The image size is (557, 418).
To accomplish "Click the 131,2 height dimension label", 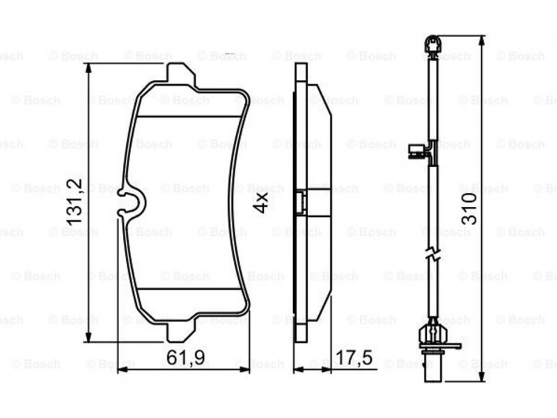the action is [74, 202].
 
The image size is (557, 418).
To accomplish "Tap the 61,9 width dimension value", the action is [185, 357].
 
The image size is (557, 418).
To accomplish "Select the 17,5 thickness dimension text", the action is [354, 357].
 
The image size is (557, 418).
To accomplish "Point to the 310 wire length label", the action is [469, 208].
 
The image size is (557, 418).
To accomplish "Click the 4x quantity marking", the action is [261, 203].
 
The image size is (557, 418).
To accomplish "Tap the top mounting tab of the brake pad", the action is [181, 75].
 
